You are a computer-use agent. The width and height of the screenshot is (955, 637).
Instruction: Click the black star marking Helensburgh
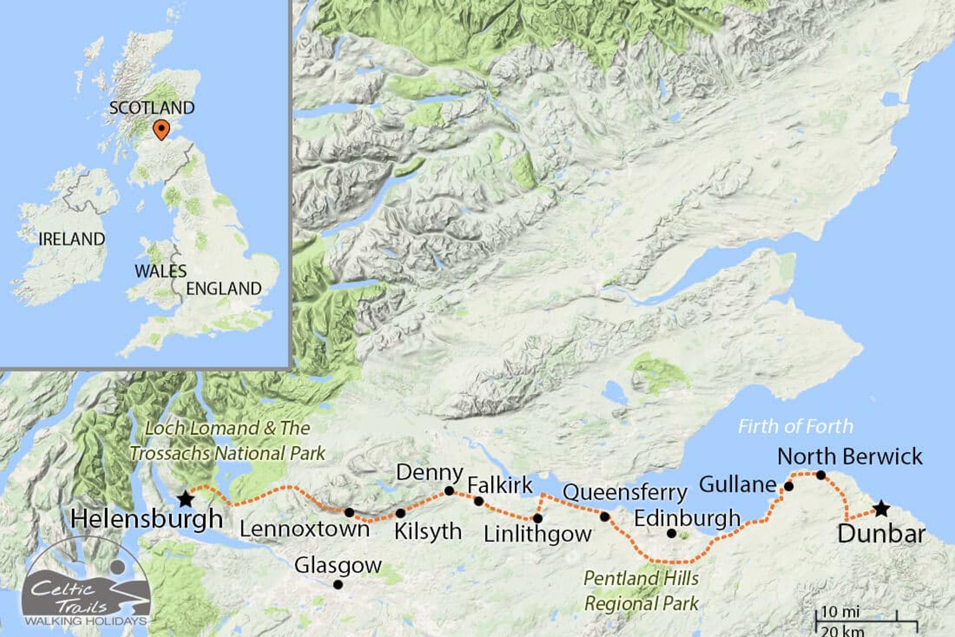click(x=186, y=499)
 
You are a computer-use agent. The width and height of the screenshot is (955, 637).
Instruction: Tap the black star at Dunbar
click(x=881, y=509)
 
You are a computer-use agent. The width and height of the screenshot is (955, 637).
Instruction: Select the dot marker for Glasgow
click(x=338, y=585)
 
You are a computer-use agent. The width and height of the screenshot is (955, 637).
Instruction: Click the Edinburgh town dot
click(x=671, y=533)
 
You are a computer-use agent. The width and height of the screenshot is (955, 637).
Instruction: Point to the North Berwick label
click(x=850, y=456)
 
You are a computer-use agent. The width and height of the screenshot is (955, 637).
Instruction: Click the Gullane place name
click(x=738, y=484)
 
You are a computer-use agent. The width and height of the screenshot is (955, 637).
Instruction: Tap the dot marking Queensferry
click(x=604, y=517)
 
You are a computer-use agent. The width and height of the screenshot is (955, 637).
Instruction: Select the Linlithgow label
click(x=538, y=534)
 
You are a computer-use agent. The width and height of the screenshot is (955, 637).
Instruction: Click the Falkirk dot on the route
click(x=478, y=501)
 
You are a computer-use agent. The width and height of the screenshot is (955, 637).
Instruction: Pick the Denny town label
click(x=429, y=472)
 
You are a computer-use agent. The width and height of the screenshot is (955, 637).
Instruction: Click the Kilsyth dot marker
click(x=400, y=513)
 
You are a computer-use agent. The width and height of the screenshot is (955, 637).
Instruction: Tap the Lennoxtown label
click(x=304, y=529)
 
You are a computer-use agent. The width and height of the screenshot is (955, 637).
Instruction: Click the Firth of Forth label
click(x=795, y=426)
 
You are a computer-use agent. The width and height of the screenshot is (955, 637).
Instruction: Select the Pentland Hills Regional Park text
click(x=641, y=591)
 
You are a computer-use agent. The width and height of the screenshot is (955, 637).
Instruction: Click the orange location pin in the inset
click(x=161, y=129)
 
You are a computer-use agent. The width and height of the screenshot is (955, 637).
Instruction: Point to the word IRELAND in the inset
click(x=72, y=239)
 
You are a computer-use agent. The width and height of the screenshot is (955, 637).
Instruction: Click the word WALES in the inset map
click(x=160, y=271)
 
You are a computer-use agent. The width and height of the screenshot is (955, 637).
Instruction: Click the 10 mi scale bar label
click(x=840, y=612)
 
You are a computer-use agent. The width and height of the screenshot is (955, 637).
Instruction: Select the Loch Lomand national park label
click(x=227, y=441)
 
